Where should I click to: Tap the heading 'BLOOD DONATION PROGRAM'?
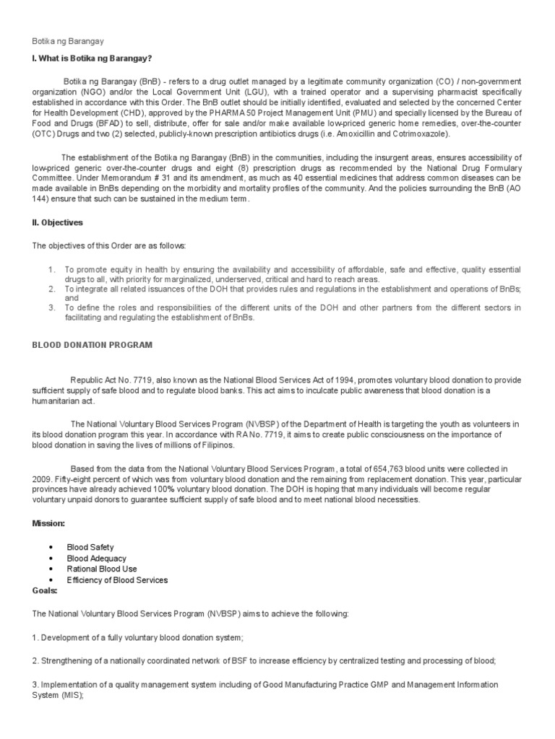(x=92, y=345)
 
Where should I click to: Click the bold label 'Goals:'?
(x=44, y=590)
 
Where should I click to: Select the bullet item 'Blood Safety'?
(x=90, y=548)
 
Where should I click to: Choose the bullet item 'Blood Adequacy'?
(x=96, y=559)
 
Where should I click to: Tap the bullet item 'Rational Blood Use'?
(x=102, y=569)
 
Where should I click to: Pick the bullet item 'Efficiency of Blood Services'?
(x=117, y=580)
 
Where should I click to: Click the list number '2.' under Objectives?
(x=52, y=289)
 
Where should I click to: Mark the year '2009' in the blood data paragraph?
(x=41, y=479)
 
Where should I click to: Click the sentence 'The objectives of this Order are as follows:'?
(x=108, y=246)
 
